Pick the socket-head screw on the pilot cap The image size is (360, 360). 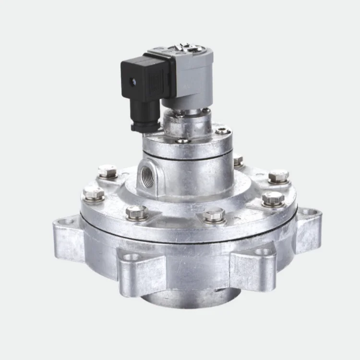(x=221, y=130)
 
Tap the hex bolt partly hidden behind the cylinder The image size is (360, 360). (x=238, y=159)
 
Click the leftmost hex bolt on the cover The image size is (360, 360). (x=94, y=194)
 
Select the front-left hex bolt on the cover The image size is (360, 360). (x=136, y=212)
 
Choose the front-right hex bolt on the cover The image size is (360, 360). (x=214, y=215)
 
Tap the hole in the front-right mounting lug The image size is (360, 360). (x=262, y=251)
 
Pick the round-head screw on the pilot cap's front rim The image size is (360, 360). (x=182, y=141)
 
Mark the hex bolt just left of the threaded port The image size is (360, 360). (x=108, y=171)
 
